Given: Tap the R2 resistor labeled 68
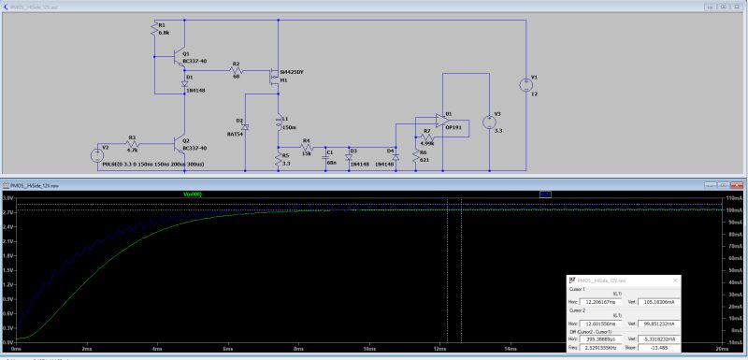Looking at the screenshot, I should click(237, 70).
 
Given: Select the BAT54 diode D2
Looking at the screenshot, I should click(245, 127).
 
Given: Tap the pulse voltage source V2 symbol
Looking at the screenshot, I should click(97, 155).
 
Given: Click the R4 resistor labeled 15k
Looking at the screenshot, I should click(305, 147).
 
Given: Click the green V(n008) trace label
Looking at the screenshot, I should click(191, 194).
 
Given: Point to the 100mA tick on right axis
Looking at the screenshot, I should click(733, 211).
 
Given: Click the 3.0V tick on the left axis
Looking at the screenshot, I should click(7, 199).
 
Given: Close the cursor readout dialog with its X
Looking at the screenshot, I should click(676, 280).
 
